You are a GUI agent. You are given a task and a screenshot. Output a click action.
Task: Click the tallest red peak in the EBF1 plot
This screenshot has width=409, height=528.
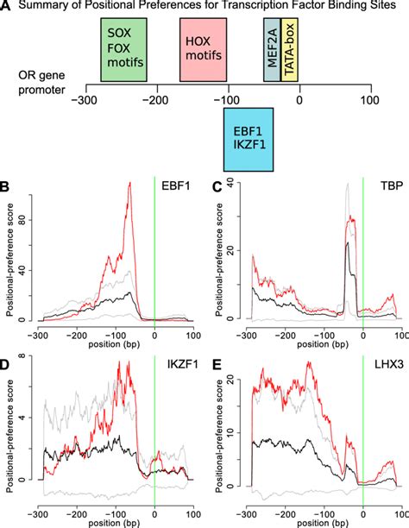(x=129, y=184)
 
